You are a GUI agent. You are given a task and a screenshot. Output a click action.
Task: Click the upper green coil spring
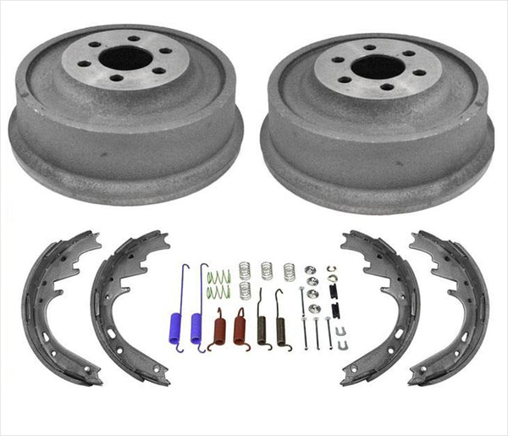click(218, 275)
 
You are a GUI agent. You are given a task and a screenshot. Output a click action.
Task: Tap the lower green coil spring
click(218, 291)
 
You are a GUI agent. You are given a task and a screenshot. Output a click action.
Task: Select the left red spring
click(220, 328)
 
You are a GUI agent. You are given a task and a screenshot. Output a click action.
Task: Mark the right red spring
click(240, 328)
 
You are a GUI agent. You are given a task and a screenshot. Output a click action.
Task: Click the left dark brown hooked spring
click(261, 323)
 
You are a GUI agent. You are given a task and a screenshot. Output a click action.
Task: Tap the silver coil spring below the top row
click(246, 290)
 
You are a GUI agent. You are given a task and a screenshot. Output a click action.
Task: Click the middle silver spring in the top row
click(267, 270)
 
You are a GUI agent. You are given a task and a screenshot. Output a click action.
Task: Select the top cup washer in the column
click(311, 270)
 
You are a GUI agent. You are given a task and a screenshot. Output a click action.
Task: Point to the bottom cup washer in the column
click(312, 308)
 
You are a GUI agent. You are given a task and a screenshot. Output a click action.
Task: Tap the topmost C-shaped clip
click(331, 269)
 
